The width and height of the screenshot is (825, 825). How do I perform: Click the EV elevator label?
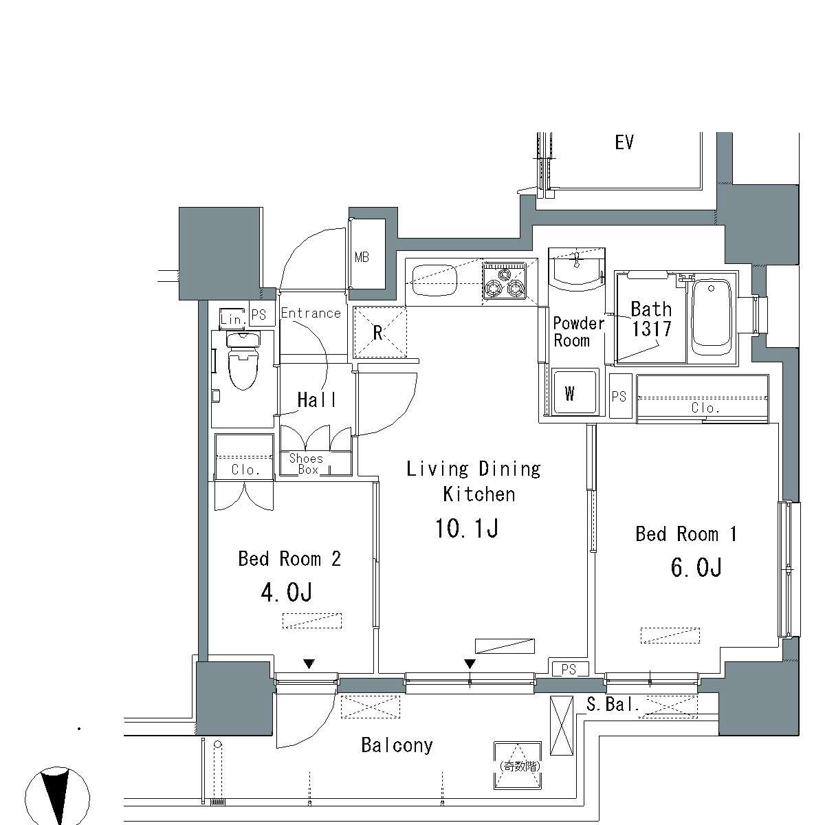coord(624,142)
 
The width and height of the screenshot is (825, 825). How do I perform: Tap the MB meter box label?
coord(362,257)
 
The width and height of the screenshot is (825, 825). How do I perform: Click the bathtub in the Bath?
coord(711,317)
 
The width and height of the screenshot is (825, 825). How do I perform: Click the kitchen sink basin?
coord(434,280)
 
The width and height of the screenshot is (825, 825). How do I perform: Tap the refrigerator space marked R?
coord(379,332)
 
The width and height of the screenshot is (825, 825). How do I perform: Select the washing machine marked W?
coord(574,392)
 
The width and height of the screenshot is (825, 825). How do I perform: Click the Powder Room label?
coord(578,332)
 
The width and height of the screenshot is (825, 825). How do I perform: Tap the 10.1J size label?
coord(467,528)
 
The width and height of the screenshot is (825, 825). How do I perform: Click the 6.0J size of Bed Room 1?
coord(696,568)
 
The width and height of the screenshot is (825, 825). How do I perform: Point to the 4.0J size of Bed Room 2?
coord(287,593)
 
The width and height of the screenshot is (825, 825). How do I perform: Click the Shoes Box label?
coord(306,463)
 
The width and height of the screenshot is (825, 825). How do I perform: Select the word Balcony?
coord(397,745)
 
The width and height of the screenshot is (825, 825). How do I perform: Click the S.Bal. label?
coord(613,704)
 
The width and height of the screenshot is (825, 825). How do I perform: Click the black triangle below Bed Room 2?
coord(309,664)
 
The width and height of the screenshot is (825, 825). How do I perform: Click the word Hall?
coord(316,400)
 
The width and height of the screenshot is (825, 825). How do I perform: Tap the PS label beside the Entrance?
coord(258,315)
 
